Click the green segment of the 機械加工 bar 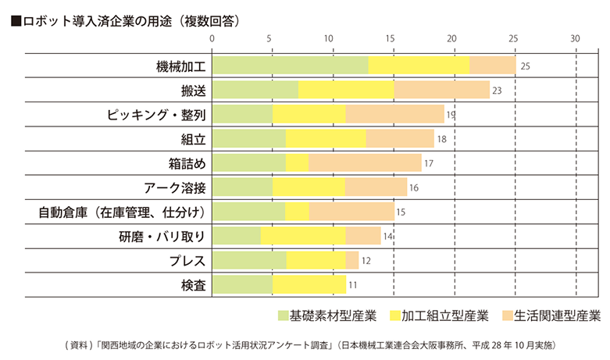[x=290, y=66]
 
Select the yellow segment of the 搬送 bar [x=346, y=90]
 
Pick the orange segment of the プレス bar [x=352, y=260]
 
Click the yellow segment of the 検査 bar [x=309, y=284]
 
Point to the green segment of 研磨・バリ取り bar [x=236, y=236]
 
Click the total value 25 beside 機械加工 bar [x=525, y=66]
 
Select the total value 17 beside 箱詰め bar [x=428, y=163]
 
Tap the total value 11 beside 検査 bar [x=353, y=285]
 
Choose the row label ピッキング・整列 [x=156, y=115]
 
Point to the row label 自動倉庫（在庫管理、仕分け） [x=123, y=212]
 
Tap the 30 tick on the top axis [x=575, y=38]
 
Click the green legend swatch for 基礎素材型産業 [x=283, y=316]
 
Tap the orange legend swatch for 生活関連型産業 [x=508, y=316]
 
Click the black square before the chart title [x=16, y=22]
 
